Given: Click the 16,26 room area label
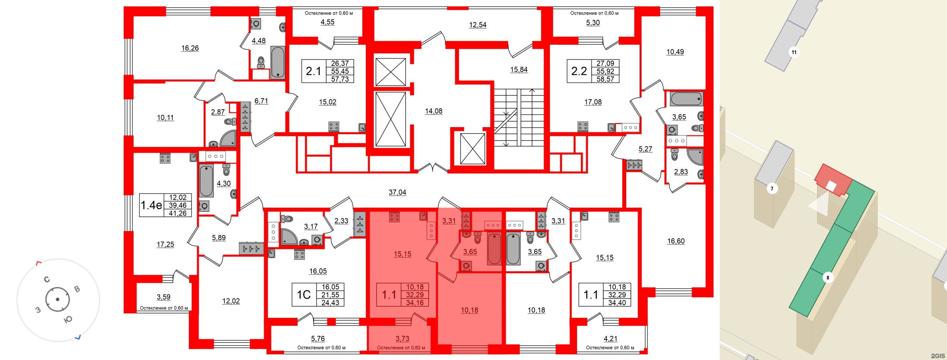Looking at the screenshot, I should tap(190, 48).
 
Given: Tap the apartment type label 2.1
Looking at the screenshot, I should tap(313, 71).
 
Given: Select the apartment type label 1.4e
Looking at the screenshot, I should tap(151, 205).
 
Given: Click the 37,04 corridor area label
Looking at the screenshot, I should tap(397, 192).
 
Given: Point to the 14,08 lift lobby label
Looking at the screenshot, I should tap(434, 111).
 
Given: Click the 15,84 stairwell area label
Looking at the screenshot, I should tap(519, 70).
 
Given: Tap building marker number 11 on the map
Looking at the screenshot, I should tap(794, 52).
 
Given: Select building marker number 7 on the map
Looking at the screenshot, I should tap(772, 189).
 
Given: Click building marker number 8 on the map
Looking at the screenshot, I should tap(828, 278).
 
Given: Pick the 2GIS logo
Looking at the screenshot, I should tap(938, 356).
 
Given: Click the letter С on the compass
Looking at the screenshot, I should tap(47, 279).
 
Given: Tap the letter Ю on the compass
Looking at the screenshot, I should tap(68, 319).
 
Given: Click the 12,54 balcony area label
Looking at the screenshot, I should tap(478, 25).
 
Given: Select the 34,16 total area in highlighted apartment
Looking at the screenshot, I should tap(415, 303).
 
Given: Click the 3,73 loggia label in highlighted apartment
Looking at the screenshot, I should tap(402, 339).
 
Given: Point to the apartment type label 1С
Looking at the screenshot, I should tap(303, 295).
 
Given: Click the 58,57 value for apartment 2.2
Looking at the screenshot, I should tap(605, 79).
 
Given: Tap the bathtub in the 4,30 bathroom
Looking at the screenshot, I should tap(206, 181).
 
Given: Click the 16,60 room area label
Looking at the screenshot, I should tap(676, 241).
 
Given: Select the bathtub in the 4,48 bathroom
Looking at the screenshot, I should tap(278, 62).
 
